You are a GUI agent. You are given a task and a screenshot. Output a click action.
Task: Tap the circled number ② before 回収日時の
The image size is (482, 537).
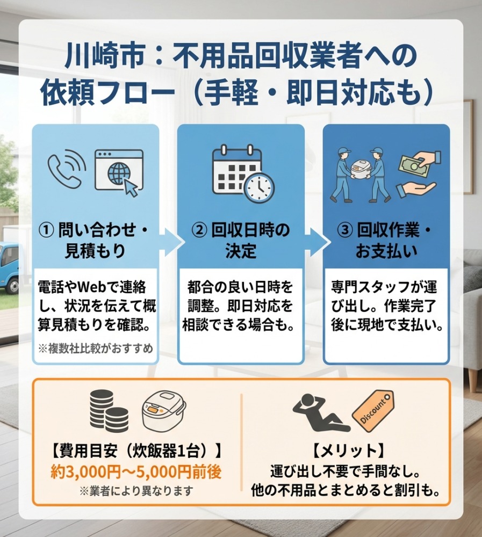tap(199, 230)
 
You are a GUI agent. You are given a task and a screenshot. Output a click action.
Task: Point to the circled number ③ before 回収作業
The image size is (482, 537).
tap(346, 230)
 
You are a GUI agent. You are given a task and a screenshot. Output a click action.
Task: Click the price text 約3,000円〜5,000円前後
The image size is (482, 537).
tap(136, 472)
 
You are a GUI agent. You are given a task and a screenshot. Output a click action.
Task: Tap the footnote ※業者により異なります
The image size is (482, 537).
tap(136, 491)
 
